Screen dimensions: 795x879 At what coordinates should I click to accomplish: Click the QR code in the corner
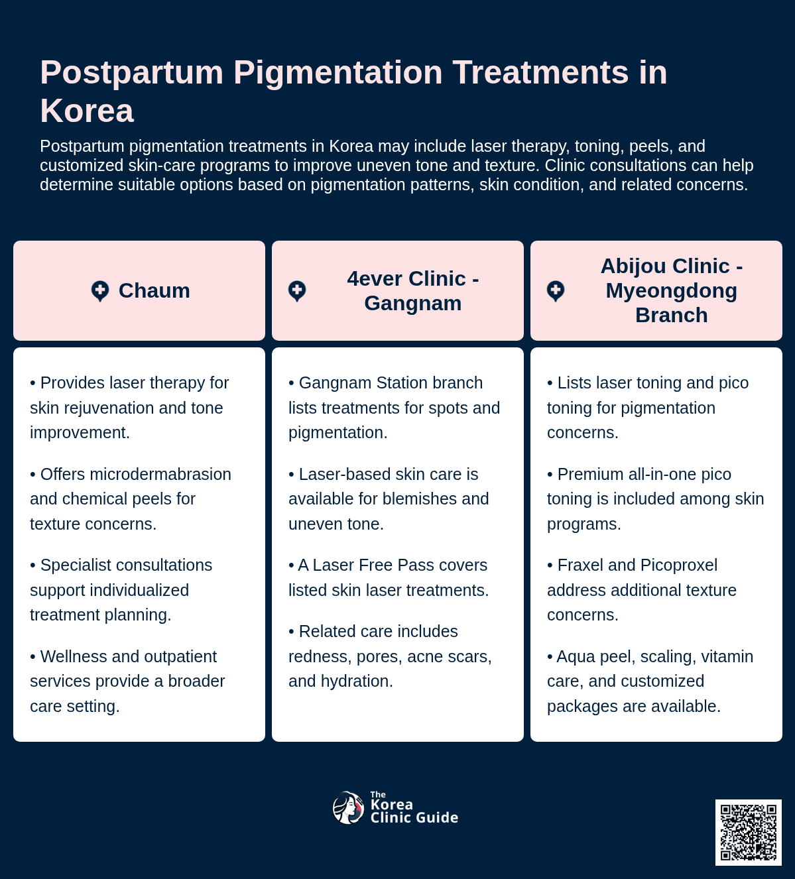pyautogui.click(x=748, y=832)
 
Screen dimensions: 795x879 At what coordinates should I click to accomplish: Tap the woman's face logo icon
pyautogui.click(x=348, y=807)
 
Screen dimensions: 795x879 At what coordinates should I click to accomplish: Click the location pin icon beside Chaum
pyautogui.click(x=100, y=291)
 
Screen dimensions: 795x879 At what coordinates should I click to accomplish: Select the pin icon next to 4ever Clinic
pyautogui.click(x=297, y=291)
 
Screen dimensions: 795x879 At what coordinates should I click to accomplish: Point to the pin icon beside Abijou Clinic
pyautogui.click(x=556, y=291)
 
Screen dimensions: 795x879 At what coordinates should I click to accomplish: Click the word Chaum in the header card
pyautogui.click(x=154, y=290)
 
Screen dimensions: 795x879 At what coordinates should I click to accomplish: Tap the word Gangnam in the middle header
pyautogui.click(x=413, y=303)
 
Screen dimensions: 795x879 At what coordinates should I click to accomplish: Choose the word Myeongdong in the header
pyautogui.click(x=672, y=290)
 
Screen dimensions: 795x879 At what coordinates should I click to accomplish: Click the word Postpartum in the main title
pyautogui.click(x=132, y=72)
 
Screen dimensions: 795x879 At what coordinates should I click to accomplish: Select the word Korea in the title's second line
pyautogui.click(x=87, y=111)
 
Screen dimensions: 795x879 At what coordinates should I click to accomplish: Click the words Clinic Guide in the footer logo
pyautogui.click(x=414, y=817)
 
